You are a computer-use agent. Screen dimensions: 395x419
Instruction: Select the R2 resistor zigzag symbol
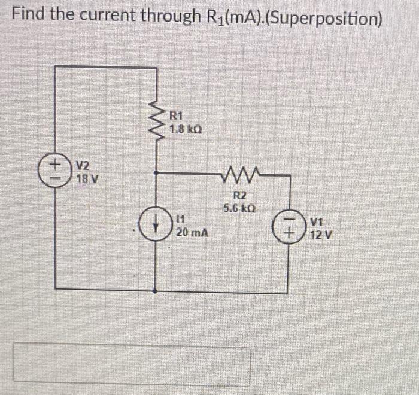click(x=238, y=175)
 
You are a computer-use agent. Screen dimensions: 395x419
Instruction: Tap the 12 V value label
click(x=321, y=235)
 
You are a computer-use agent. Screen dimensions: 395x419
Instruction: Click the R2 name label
click(x=238, y=196)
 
